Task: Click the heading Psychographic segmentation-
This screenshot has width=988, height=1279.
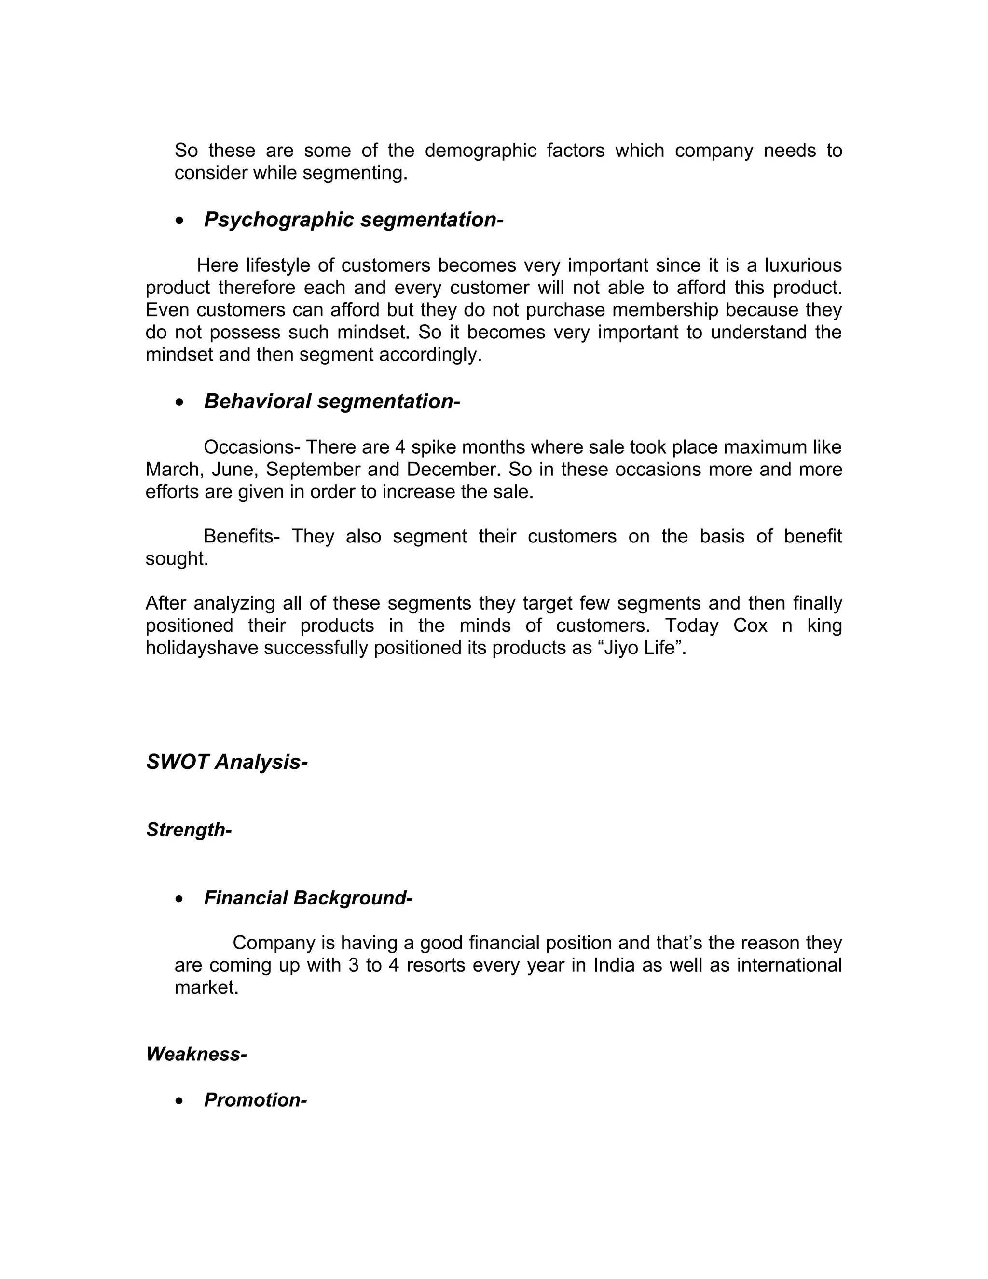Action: click(x=354, y=220)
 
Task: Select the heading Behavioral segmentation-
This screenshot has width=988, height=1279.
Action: click(x=332, y=401)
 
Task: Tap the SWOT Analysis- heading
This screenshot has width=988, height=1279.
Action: click(x=227, y=762)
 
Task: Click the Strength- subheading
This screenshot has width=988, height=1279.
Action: click(x=189, y=830)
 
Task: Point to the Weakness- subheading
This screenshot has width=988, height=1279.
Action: click(x=196, y=1054)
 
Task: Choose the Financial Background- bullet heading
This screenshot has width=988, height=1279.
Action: click(x=308, y=898)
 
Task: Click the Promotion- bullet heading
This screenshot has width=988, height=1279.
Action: click(x=255, y=1100)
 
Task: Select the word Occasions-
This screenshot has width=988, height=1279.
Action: click(x=252, y=447)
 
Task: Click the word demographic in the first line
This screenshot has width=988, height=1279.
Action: click(x=480, y=151)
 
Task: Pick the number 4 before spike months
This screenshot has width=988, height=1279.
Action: click(x=400, y=447)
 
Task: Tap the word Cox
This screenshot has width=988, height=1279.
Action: click(x=750, y=626)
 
